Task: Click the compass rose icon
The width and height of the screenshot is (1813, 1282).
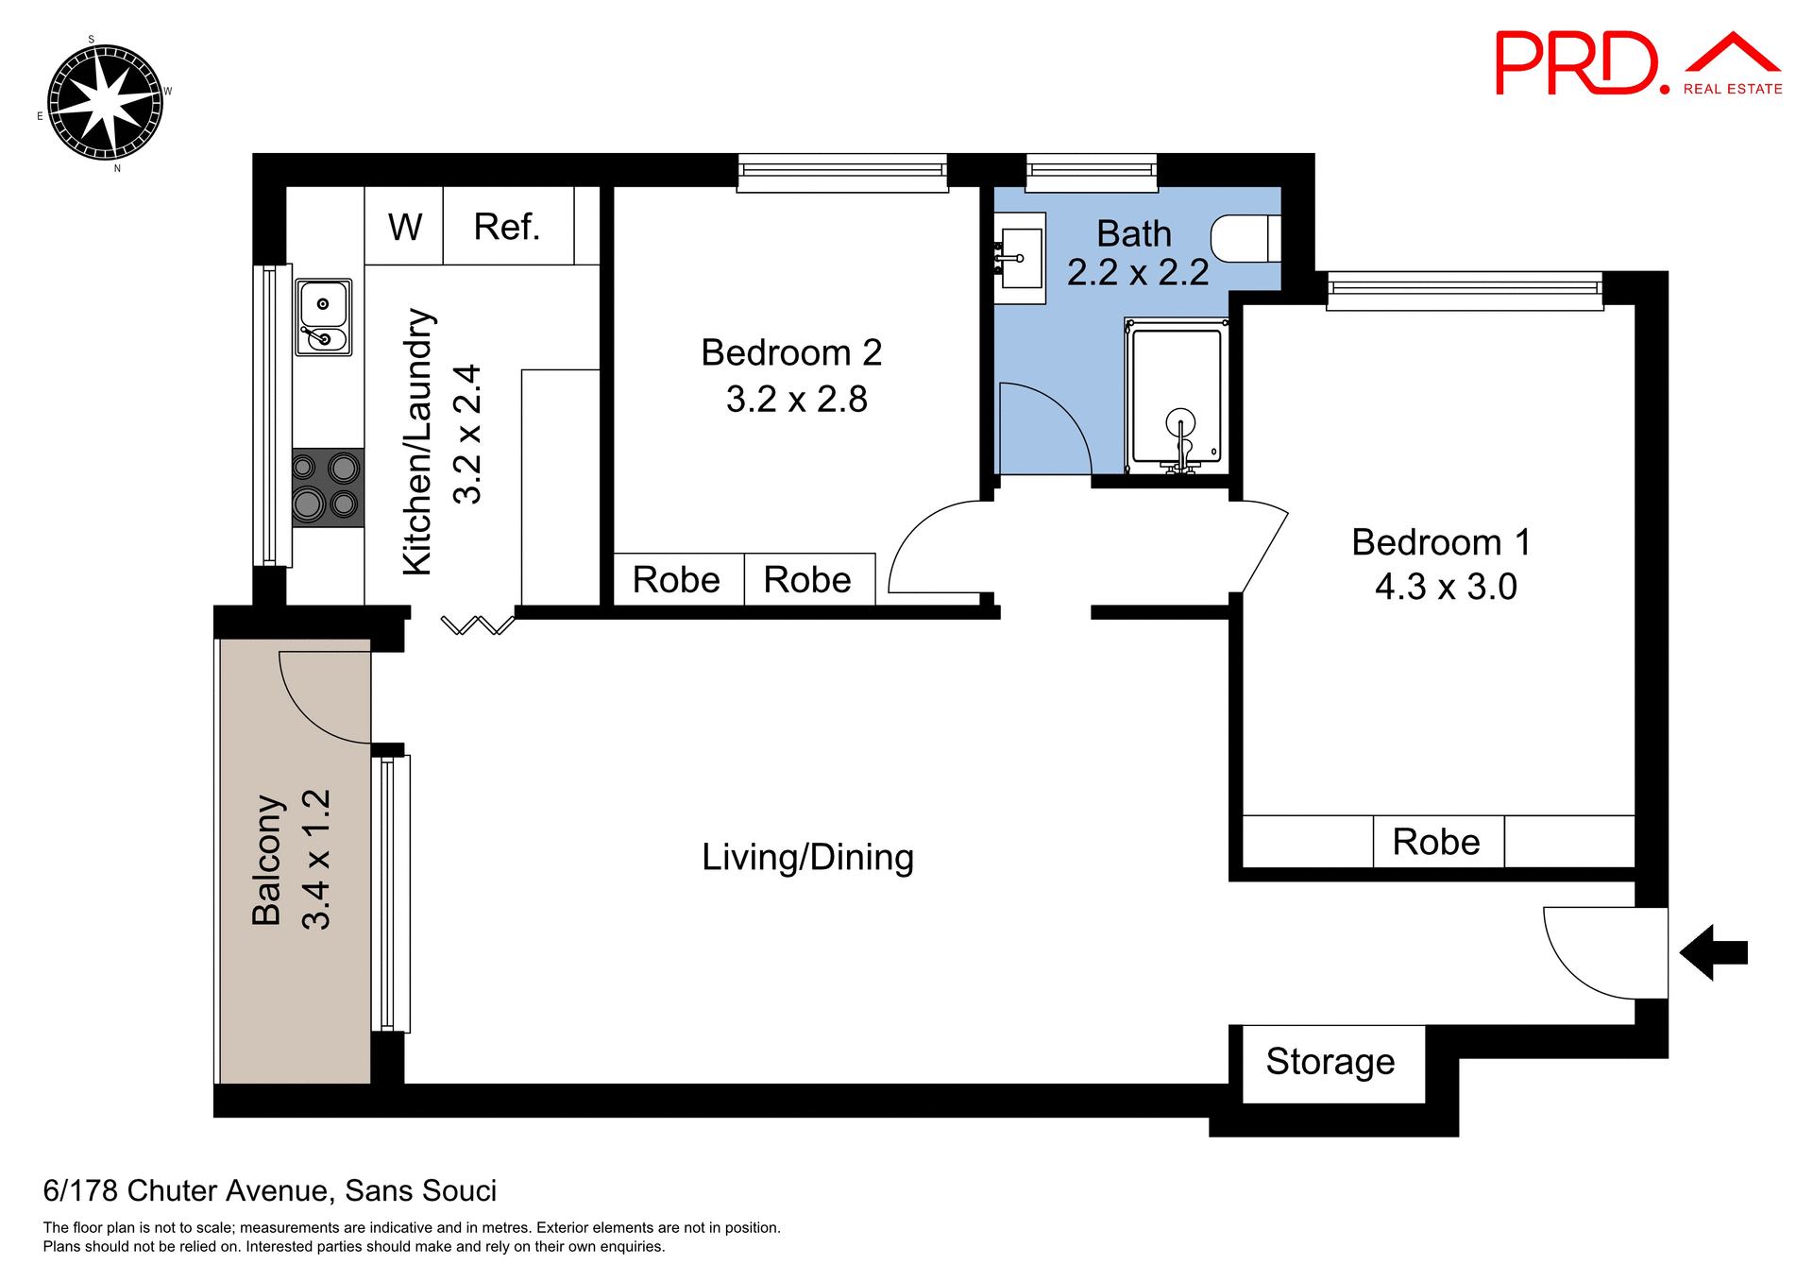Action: click(105, 102)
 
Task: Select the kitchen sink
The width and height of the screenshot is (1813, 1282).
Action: click(324, 317)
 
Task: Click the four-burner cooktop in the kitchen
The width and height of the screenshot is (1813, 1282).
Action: click(327, 487)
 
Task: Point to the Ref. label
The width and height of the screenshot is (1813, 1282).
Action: click(507, 227)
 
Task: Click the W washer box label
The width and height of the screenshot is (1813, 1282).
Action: click(405, 227)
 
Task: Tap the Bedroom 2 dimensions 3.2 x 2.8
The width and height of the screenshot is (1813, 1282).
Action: click(796, 399)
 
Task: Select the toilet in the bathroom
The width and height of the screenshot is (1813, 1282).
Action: click(1245, 238)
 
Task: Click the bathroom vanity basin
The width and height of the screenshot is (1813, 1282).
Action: click(1021, 258)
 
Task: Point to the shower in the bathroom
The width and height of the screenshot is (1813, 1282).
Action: click(1177, 397)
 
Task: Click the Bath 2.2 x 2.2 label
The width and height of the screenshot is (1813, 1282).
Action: click(1137, 253)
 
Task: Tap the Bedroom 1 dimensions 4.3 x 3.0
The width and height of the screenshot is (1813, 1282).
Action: click(1445, 587)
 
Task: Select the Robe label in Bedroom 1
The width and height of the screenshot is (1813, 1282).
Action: click(1436, 842)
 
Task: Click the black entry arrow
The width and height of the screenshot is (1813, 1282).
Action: click(1713, 952)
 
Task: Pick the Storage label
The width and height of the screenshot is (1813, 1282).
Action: click(1330, 1062)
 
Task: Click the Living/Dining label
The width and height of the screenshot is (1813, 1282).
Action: click(807, 857)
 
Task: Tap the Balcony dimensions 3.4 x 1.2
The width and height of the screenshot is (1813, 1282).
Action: click(315, 860)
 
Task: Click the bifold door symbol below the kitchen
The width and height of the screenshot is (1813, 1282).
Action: click(478, 624)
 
